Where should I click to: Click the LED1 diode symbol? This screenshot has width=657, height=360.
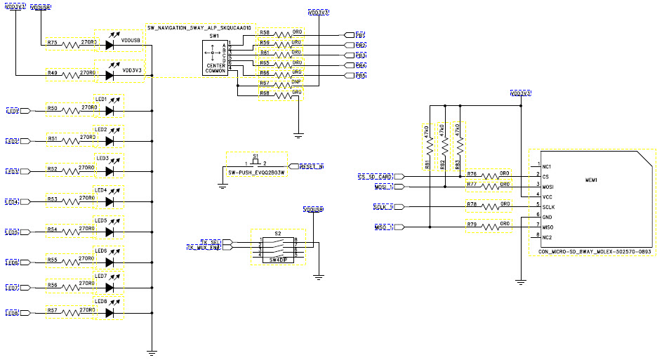pyautogui.click(x=109, y=110)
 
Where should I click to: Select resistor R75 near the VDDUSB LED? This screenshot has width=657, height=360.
pyautogui.click(x=73, y=44)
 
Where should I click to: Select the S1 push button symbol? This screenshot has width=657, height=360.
pyautogui.click(x=255, y=163)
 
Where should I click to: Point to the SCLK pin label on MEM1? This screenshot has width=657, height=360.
pyautogui.click(x=548, y=207)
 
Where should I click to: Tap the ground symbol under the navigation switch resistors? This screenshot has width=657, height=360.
pyautogui.click(x=298, y=133)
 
